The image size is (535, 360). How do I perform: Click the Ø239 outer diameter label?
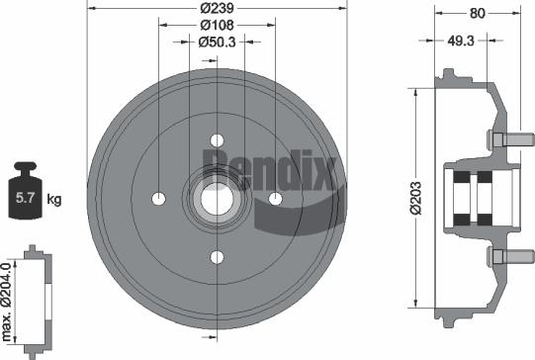click(217, 8)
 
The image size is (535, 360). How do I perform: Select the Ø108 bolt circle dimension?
click(217, 25)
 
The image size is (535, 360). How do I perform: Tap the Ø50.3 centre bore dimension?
click(217, 42)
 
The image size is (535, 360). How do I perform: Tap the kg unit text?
click(54, 201)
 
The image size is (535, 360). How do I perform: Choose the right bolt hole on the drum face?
click(275, 200)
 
